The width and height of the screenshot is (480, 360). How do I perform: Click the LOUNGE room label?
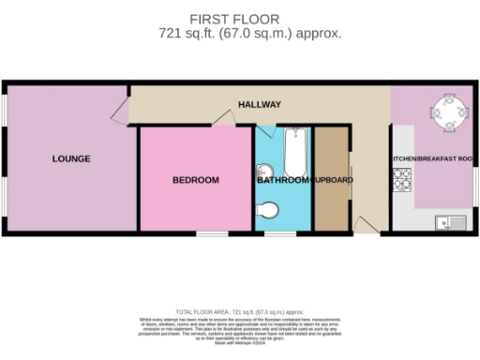[x=71, y=158]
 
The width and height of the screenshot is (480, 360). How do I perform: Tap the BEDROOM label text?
[x=195, y=180]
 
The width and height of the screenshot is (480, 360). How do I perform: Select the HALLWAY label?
[x=261, y=104]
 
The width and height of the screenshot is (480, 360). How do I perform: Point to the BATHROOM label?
[x=283, y=180]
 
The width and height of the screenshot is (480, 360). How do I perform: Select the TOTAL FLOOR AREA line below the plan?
[x=240, y=310]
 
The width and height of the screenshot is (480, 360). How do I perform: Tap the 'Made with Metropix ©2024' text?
[x=240, y=344]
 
